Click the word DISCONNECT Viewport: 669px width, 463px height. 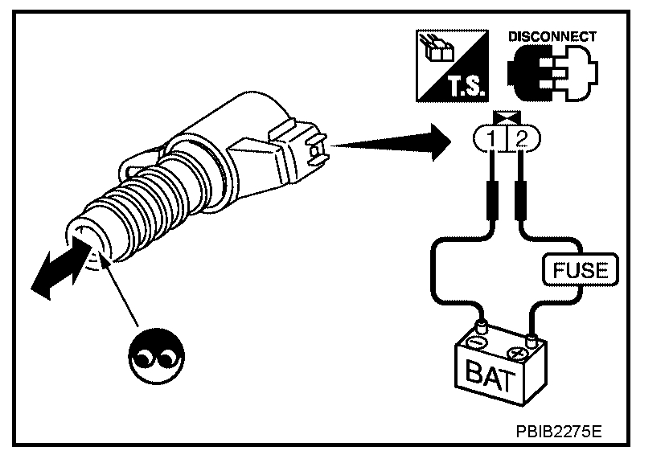[552, 36]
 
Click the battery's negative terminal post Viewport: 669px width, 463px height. [482, 326]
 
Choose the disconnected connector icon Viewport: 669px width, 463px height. [551, 74]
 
